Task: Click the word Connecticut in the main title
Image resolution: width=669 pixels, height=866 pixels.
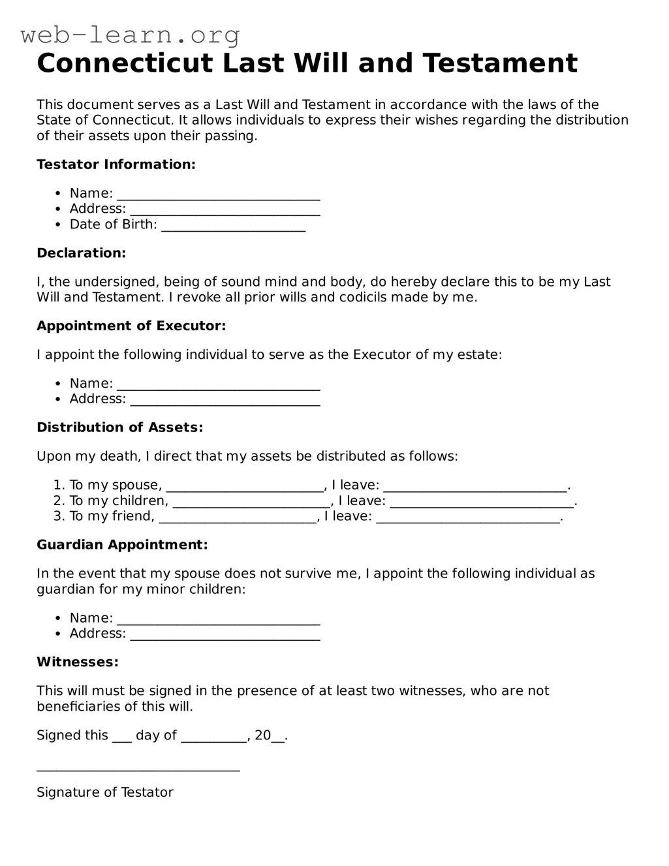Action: coord(125,64)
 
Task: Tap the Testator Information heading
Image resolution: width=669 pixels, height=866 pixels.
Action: coord(116,164)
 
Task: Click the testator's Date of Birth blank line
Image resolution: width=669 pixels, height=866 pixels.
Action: coord(233,226)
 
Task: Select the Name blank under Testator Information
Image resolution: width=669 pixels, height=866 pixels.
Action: coord(218,194)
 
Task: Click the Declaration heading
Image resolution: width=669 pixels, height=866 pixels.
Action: coord(81,253)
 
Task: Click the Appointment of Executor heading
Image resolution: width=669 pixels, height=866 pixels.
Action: coord(131,326)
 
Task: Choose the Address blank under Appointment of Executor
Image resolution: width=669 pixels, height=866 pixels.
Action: coord(225,400)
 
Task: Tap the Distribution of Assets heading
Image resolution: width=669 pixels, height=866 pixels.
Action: coord(119,427)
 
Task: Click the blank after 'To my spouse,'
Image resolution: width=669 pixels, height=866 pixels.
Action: coord(245,486)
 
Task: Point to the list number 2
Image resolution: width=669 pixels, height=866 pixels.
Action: coord(58,501)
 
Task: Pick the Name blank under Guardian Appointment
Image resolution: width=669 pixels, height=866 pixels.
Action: coord(218,619)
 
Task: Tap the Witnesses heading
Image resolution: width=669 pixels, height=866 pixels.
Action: coord(78,662)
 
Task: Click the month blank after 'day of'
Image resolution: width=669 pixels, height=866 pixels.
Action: coord(213,737)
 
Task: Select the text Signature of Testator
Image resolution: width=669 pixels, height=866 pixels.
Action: coord(105,793)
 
